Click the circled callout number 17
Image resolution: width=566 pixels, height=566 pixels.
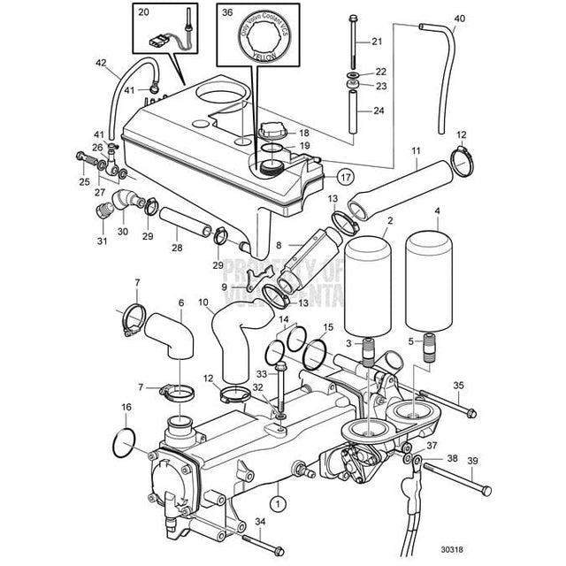[345, 177]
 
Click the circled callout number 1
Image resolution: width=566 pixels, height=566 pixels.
[279, 503]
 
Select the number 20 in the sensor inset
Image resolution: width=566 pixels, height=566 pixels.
[144, 12]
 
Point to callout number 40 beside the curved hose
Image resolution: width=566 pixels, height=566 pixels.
[458, 18]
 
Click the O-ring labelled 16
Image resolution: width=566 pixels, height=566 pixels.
[126, 440]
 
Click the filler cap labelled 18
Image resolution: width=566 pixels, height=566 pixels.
[272, 132]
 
